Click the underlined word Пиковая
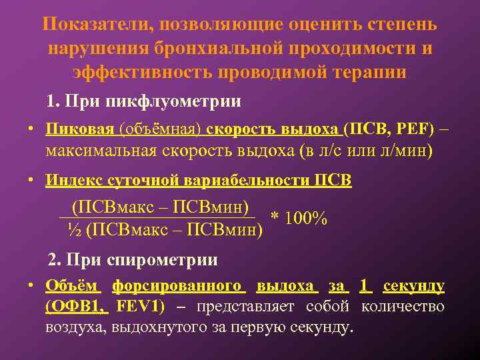(x=72, y=128)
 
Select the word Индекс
(x=71, y=180)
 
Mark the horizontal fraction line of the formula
(x=157, y=216)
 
